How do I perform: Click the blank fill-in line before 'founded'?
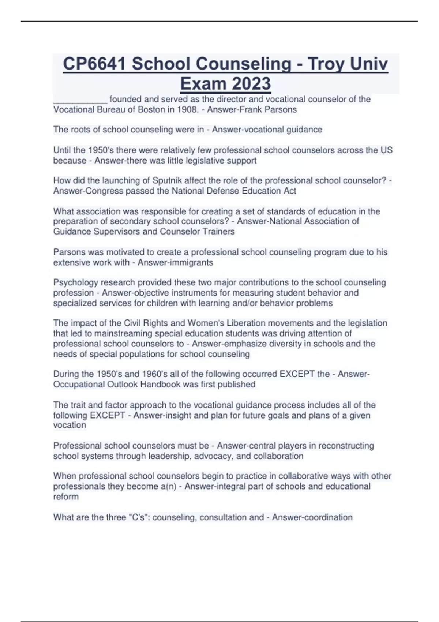80,100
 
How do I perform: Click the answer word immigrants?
194,262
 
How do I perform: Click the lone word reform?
66,497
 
